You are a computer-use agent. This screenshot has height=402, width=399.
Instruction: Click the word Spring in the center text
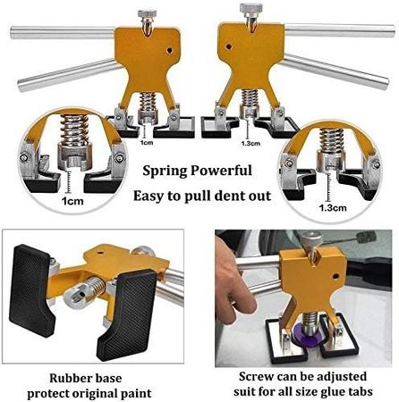click(165, 172)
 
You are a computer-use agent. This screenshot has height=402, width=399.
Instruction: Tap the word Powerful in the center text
click(221, 171)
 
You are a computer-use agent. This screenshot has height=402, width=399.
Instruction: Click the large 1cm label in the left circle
click(72, 201)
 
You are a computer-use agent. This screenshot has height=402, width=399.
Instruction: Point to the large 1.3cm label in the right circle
click(333, 207)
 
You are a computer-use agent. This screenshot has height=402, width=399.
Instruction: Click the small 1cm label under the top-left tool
click(147, 143)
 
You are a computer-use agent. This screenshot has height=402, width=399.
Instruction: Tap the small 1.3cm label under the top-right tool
click(250, 143)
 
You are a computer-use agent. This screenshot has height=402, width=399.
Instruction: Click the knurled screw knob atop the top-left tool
click(147, 13)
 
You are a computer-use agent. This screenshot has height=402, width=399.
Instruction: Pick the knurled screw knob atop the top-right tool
click(251, 8)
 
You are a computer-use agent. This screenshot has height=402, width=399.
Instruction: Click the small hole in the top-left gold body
click(169, 50)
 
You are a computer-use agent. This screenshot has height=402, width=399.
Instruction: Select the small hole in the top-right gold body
click(229, 46)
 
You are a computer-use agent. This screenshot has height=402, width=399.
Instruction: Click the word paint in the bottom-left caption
click(136, 394)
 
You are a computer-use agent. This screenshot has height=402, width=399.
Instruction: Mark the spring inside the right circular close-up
click(331, 140)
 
